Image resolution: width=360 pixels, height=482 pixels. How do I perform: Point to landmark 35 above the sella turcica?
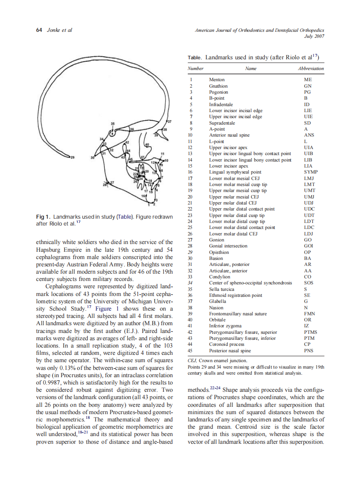point(113,124)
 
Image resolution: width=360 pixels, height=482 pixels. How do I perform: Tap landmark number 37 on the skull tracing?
point(169,122)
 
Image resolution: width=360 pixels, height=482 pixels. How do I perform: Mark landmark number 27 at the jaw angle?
point(112,183)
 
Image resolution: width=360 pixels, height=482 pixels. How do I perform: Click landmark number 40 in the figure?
point(146,144)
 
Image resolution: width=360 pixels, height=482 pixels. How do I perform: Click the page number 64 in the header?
point(39,30)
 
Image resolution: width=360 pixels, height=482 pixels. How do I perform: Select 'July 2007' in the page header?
point(314,36)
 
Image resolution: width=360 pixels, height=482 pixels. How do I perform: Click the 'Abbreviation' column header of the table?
point(310,68)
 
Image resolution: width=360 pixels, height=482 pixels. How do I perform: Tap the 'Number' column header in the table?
point(195,68)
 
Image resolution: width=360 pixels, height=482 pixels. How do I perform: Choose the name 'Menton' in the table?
point(217,80)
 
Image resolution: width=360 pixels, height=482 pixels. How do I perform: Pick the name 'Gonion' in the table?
point(217,240)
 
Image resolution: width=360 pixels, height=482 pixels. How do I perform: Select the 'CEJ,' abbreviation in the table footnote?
point(194,360)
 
